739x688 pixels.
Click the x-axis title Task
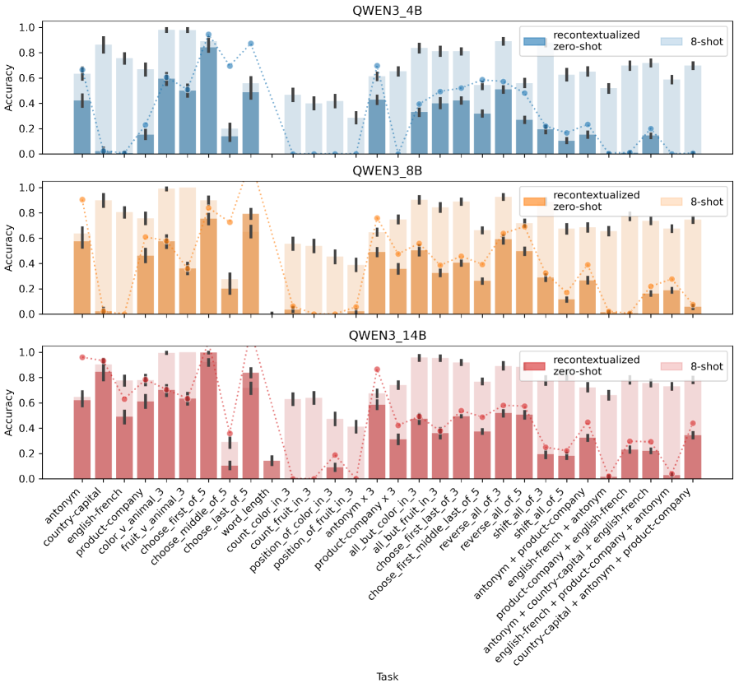(x=387, y=676)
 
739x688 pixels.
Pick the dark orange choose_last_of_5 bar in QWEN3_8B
(x=251, y=263)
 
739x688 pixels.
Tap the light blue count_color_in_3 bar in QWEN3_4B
(x=293, y=124)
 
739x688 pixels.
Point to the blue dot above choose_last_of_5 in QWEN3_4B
(x=251, y=43)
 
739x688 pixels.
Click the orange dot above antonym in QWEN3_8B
(x=81, y=199)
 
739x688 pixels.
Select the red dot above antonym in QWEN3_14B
(x=81, y=357)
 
